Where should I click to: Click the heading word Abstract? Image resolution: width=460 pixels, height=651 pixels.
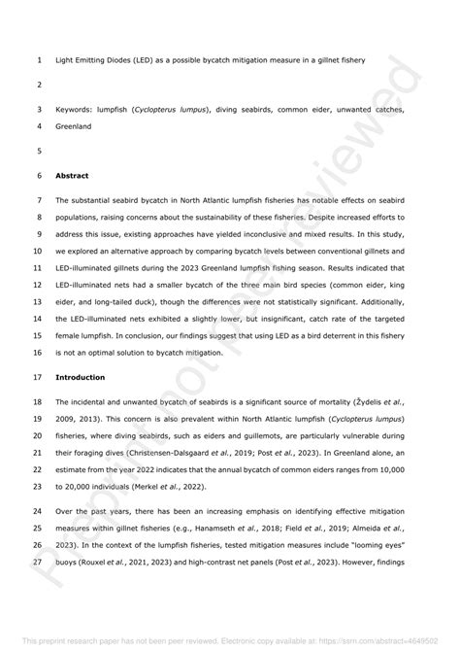point(73,177)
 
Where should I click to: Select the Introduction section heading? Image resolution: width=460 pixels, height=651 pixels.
point(82,376)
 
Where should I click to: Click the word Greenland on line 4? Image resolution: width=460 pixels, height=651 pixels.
point(76,126)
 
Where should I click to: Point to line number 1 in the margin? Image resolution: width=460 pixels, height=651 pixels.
point(38,60)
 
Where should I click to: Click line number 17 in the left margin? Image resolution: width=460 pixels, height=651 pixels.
point(37,376)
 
